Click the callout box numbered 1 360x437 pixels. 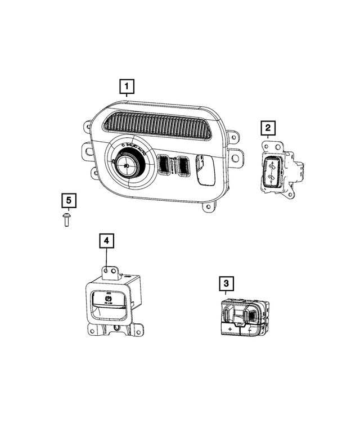127,87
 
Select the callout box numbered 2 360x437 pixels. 268,129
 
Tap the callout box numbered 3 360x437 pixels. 226,285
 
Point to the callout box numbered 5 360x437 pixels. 68,200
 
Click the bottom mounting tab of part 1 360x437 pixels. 209,208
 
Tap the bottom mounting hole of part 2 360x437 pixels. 264,190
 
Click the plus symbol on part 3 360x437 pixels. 230,327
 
